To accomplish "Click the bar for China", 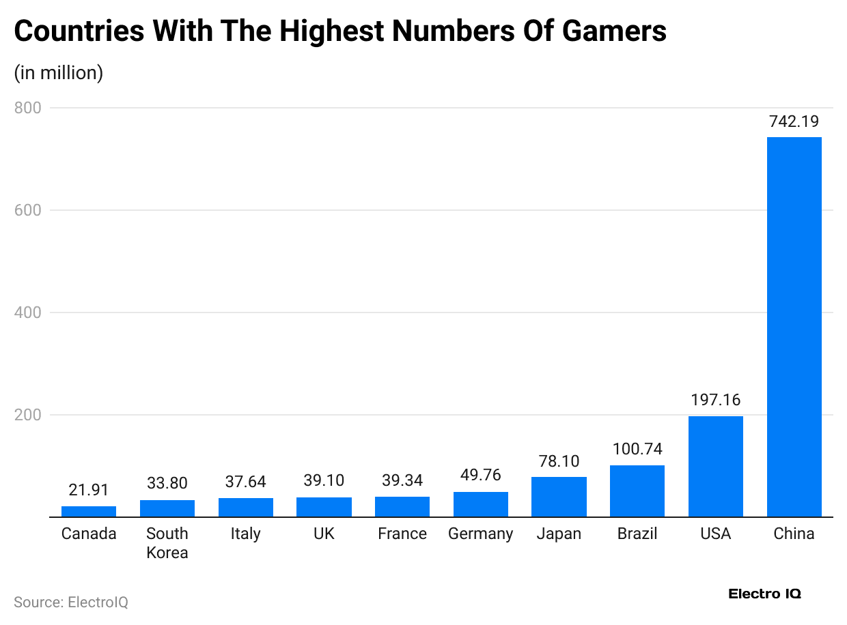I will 794,327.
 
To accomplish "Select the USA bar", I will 715,466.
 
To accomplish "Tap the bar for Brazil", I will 637,491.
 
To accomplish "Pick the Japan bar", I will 559,497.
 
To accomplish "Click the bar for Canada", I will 89,511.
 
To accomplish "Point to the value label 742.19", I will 794,121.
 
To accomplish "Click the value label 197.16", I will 715,400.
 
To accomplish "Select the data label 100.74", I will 637,449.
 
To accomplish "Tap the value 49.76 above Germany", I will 480,476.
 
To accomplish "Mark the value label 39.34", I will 402,481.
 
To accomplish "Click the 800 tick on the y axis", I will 27,108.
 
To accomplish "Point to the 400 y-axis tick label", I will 27,312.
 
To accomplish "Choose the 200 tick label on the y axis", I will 27,415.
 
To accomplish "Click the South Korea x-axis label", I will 167,543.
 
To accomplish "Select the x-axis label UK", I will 324,534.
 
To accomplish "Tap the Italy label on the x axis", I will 245,534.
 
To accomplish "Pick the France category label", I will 402,534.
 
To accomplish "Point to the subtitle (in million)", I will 59,72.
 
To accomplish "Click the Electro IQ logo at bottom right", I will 764,594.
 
